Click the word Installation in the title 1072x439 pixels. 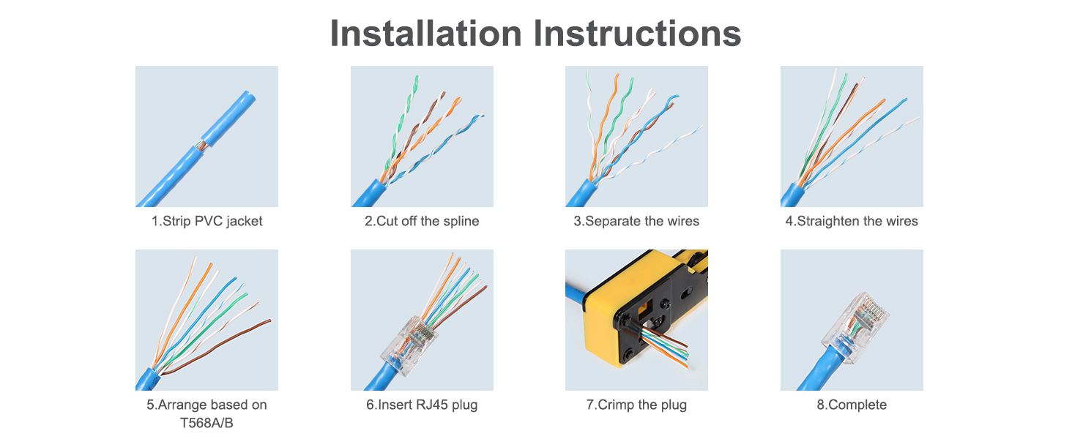pyautogui.click(x=425, y=34)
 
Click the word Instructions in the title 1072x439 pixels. pyautogui.click(x=636, y=34)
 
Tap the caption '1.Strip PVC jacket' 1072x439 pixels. pyautogui.click(x=206, y=221)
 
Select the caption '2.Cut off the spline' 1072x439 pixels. pyautogui.click(x=422, y=221)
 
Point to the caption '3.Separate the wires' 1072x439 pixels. pyautogui.click(x=636, y=221)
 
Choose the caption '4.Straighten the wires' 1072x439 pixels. pyautogui.click(x=851, y=221)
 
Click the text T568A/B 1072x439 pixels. pyautogui.click(x=206, y=423)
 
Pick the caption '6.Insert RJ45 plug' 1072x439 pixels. pyautogui.click(x=422, y=405)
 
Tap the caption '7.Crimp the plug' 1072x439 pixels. pyautogui.click(x=636, y=405)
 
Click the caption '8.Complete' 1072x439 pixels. pyautogui.click(x=852, y=405)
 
